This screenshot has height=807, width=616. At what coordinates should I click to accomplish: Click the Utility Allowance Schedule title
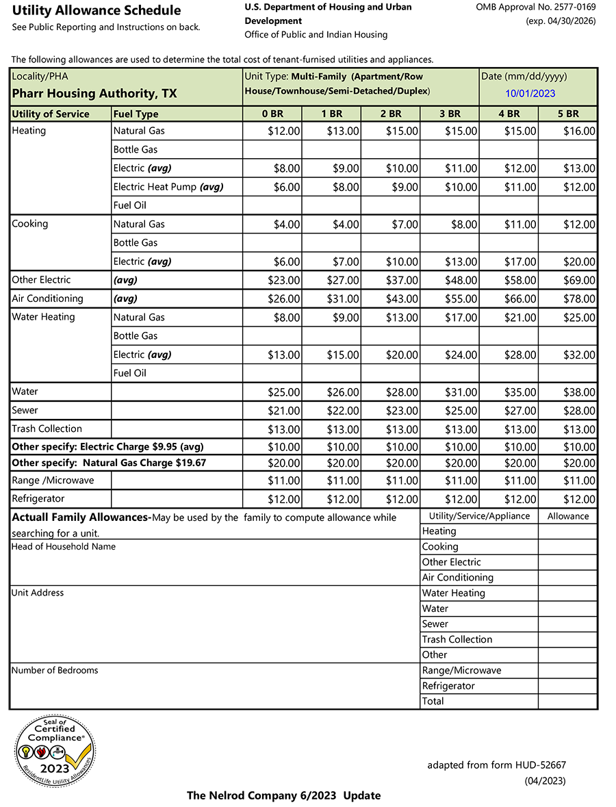(x=97, y=10)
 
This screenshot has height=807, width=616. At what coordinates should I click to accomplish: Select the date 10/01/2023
(x=530, y=94)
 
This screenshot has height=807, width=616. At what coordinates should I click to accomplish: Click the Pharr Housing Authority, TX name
(x=94, y=94)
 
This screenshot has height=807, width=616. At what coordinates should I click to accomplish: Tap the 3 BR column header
(x=449, y=114)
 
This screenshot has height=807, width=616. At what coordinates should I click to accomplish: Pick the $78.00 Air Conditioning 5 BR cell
(x=579, y=299)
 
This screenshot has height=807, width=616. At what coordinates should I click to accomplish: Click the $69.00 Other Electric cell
(x=579, y=281)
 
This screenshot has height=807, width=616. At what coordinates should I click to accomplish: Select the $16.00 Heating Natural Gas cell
(x=579, y=131)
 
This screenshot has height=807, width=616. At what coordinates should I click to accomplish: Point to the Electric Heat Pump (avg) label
(x=168, y=187)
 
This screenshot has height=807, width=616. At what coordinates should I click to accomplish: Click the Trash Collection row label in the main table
(x=47, y=429)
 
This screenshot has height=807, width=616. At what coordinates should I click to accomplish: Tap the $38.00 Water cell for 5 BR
(x=579, y=393)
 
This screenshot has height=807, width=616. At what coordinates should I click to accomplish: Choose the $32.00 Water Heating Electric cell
(x=579, y=355)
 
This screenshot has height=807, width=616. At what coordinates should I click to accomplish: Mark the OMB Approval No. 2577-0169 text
(x=535, y=7)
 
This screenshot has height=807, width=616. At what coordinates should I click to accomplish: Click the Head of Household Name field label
(x=64, y=547)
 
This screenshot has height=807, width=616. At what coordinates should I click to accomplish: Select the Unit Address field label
(x=38, y=593)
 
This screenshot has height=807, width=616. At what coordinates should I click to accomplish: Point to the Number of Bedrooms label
(x=55, y=671)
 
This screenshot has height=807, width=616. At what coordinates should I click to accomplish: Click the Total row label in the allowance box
(x=433, y=702)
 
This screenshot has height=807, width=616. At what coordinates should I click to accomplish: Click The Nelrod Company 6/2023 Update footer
(x=283, y=795)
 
